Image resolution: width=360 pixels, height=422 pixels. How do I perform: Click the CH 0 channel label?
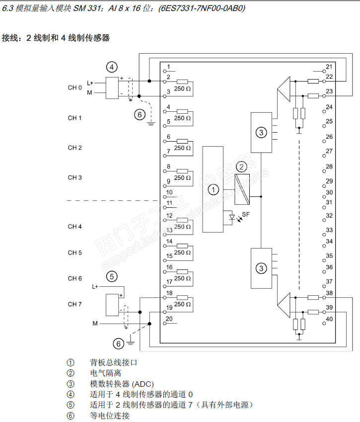[74, 88]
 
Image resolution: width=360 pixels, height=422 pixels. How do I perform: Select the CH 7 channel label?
[74, 304]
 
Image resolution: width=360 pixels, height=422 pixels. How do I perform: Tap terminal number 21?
[329, 67]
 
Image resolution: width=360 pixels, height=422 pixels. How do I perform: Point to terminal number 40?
[329, 319]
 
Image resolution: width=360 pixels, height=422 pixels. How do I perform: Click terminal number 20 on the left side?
[169, 319]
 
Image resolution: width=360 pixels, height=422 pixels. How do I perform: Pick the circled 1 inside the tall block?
[213, 189]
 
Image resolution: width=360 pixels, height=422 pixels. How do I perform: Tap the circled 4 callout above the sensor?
[112, 67]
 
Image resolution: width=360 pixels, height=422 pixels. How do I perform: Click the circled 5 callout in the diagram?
[112, 277]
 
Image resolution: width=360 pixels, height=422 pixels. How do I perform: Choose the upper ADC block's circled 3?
[261, 132]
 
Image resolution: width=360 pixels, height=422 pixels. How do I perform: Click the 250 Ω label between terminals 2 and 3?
[183, 88]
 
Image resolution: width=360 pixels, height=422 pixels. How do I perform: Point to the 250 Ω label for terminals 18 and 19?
[183, 304]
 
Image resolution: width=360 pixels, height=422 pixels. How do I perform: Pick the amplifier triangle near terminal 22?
[284, 88]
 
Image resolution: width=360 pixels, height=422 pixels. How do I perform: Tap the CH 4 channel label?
[74, 227]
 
